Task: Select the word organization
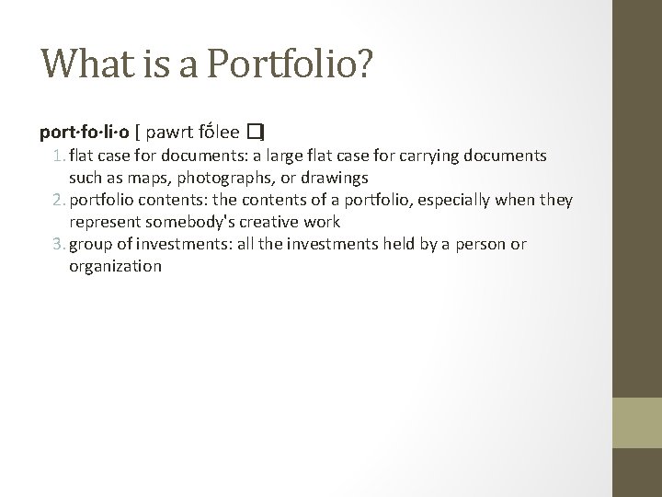[115, 266]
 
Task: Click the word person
[477, 244]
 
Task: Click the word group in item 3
[90, 244]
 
